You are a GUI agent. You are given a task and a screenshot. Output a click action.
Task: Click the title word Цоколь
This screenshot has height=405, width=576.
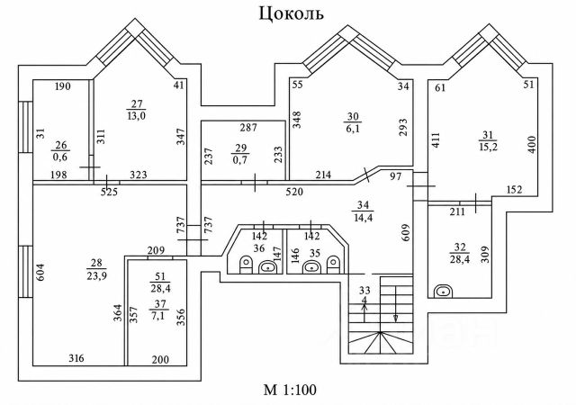click(x=292, y=14)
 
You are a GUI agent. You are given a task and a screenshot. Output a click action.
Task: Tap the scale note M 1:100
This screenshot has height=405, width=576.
click(x=290, y=390)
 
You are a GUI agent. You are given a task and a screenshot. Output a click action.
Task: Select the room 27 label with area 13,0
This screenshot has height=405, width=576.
click(x=136, y=110)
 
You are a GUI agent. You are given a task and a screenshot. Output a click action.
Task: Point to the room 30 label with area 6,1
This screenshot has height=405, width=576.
click(x=353, y=122)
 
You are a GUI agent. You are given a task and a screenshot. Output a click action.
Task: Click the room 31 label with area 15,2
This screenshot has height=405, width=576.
click(x=488, y=141)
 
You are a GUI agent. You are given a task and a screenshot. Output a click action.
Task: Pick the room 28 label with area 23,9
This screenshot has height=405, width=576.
click(x=96, y=269)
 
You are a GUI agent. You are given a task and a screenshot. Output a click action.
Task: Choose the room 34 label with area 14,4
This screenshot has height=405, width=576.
click(x=363, y=211)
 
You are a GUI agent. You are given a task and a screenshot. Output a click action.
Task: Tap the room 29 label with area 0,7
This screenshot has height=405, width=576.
click(x=240, y=154)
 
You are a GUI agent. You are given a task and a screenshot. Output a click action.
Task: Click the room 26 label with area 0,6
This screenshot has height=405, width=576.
click(x=61, y=150)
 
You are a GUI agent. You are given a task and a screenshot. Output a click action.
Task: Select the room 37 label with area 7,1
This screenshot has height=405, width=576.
click(x=158, y=310)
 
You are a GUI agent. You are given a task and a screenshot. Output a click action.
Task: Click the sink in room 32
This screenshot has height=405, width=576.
click(x=444, y=292)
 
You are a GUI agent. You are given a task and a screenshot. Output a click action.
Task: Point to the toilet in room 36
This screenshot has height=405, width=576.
click(x=246, y=265)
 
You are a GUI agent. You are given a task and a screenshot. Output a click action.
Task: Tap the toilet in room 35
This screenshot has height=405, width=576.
click(x=333, y=265)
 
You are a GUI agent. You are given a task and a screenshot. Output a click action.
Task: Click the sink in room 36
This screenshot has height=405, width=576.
click(x=269, y=267)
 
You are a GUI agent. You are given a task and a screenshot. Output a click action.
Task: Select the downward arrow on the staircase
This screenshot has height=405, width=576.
click(x=396, y=304)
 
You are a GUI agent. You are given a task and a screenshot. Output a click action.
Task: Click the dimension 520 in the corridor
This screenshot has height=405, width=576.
click(x=294, y=192)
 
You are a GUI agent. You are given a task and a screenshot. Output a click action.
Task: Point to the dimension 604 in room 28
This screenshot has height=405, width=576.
click(x=40, y=273)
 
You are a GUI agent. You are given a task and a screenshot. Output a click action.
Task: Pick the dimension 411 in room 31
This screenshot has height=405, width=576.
click(x=436, y=141)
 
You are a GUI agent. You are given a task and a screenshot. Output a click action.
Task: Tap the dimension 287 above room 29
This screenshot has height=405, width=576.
click(x=248, y=128)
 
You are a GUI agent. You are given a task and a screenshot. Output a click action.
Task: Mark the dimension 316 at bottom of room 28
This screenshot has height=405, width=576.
click(x=76, y=357)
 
